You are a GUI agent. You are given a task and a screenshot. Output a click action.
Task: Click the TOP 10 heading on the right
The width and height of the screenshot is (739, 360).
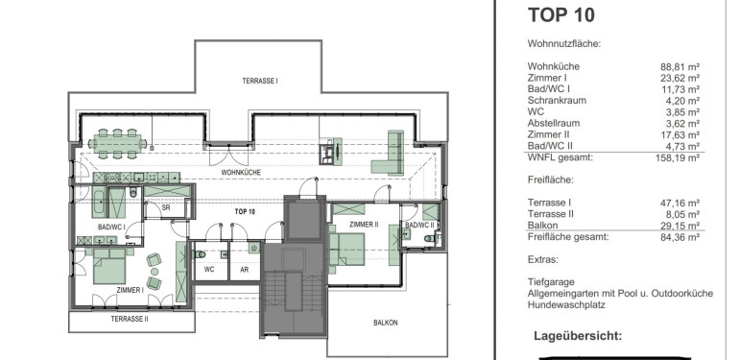point(560,14)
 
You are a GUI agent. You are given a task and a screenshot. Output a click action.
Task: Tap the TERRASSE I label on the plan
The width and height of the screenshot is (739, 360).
point(260,81)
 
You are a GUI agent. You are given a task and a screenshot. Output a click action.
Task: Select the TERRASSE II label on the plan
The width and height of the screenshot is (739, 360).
point(130,319)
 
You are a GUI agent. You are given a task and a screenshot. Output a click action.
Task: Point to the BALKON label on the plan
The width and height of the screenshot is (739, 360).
point(386,323)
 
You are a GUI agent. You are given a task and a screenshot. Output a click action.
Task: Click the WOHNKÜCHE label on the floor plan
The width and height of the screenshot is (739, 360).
point(241,173)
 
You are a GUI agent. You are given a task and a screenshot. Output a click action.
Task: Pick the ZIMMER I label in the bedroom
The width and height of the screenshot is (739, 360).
point(131,290)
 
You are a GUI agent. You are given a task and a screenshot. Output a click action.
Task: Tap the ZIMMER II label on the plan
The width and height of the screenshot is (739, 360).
point(364,225)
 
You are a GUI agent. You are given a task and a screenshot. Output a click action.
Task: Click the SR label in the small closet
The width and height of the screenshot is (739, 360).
point(166,207)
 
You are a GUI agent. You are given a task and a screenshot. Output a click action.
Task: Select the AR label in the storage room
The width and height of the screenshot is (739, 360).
point(244,270)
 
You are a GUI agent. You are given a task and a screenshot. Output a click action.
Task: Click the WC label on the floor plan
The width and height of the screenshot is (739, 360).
point(209,270)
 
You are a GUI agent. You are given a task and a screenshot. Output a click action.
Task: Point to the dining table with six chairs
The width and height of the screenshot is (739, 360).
point(117,143)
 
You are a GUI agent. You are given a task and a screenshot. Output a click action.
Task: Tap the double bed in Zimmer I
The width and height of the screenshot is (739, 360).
point(109,267)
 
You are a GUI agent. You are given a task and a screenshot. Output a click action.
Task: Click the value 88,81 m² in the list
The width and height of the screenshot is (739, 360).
point(680,66)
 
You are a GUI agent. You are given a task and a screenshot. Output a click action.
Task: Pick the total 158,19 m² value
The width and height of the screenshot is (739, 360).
point(678,157)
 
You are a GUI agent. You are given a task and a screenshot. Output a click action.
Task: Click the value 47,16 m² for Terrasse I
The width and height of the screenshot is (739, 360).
point(680,204)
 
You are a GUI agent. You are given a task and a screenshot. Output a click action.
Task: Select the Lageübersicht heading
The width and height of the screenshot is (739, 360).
point(578,336)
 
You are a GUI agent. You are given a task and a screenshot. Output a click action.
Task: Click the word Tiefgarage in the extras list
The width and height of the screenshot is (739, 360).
point(552,282)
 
